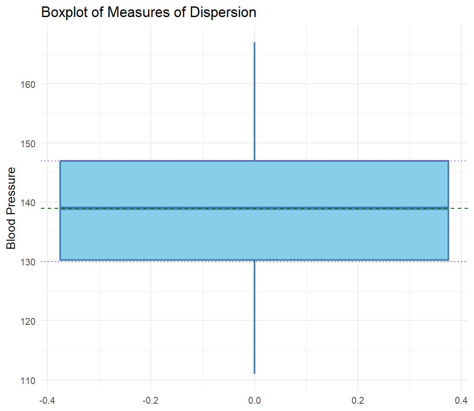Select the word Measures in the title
(130, 12)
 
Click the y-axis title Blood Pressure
(12, 208)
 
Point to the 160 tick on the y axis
(28, 84)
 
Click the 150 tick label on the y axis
(28, 143)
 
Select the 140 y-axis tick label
(28, 202)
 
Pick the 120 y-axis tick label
(28, 321)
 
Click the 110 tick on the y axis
(28, 379)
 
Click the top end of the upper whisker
(255, 43)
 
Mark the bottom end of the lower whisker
(255, 373)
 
